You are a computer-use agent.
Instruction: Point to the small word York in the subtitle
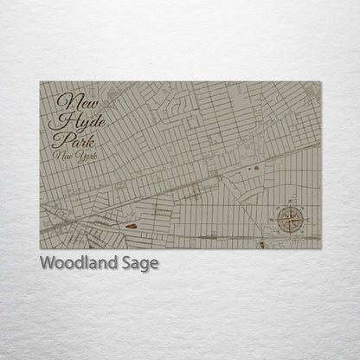[84, 156]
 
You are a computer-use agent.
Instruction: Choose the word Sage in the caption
[141, 262]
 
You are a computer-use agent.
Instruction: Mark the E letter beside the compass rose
[308, 220]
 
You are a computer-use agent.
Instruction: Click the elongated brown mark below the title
[131, 227]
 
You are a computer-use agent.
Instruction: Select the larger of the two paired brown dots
[256, 167]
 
